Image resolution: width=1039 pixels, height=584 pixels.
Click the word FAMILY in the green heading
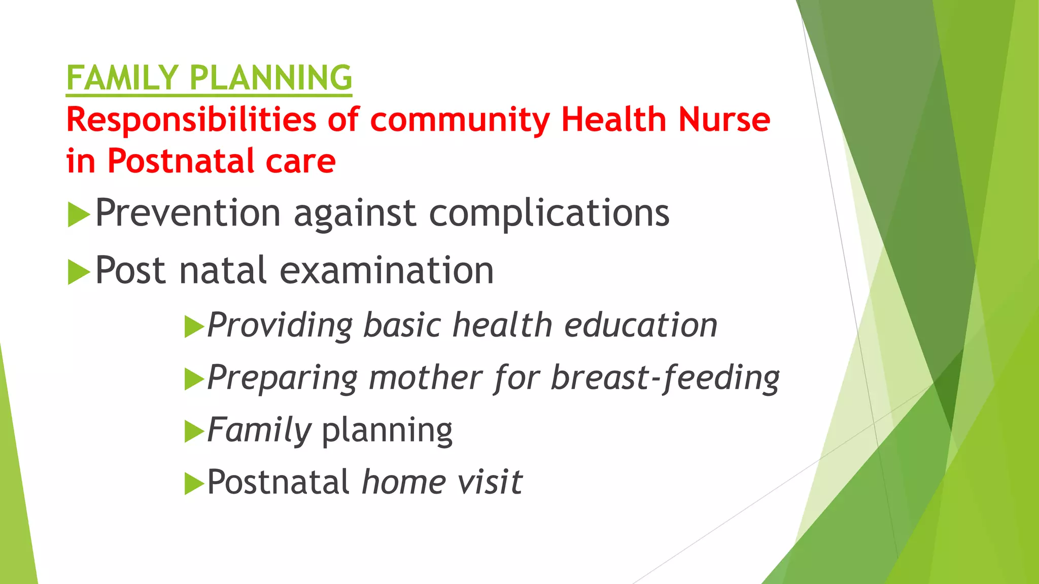[x=122, y=78]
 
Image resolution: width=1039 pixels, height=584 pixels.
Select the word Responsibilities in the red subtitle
[x=191, y=121]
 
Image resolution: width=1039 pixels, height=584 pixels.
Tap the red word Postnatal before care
[x=181, y=161]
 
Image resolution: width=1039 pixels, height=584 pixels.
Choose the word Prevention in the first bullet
[x=188, y=213]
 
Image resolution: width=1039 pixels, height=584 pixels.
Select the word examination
[x=386, y=271]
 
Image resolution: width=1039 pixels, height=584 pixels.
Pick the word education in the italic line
[x=641, y=325]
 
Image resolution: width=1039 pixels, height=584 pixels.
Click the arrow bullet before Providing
[x=194, y=327]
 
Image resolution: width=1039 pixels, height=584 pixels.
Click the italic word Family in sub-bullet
[x=259, y=430]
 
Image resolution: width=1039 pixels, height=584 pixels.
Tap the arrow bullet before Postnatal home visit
[x=194, y=483]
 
